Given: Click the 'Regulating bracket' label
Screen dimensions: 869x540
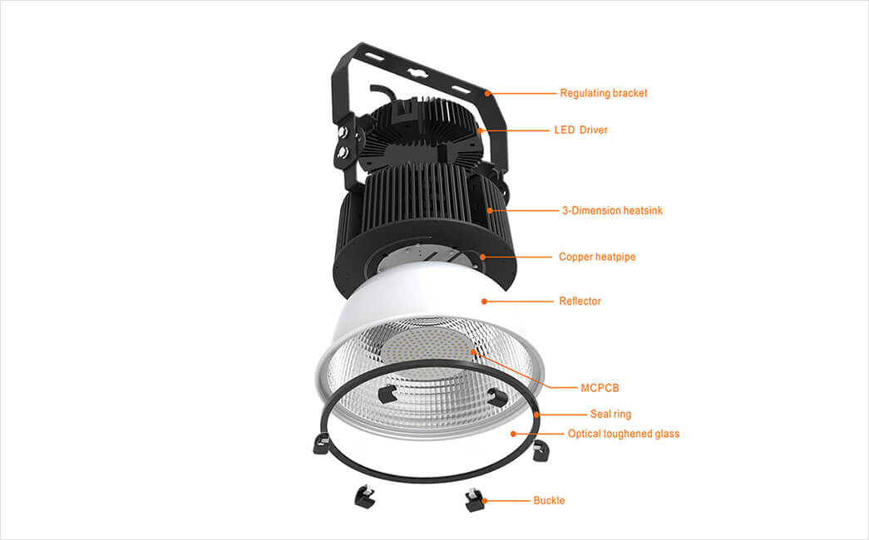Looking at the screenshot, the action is point(604,93).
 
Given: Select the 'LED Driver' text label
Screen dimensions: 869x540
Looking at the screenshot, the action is point(580,130).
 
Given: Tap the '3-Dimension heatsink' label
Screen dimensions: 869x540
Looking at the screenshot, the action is point(612,210).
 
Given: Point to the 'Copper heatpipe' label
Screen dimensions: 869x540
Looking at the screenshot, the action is point(597,257).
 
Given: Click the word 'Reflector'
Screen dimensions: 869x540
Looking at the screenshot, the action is point(580,302).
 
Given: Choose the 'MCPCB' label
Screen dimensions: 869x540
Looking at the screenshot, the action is point(600,388).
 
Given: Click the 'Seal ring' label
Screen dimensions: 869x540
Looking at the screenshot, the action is point(610,415).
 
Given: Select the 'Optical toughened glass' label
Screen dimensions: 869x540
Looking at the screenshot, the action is point(624,434).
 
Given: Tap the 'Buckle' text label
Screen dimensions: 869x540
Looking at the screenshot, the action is point(549,501).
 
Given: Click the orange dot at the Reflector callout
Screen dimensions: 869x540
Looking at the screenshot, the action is point(484,302).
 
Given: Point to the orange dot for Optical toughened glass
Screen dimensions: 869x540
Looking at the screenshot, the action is point(513,434).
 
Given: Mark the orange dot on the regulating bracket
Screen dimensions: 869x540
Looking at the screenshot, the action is point(487,93).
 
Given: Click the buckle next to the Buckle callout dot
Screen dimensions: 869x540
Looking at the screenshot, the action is point(475,499).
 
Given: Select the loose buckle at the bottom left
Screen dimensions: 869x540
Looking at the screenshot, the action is point(365,494).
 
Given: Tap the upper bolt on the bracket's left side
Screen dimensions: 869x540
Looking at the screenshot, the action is point(343,132).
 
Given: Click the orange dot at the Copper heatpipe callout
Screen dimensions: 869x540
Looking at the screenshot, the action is point(482,257).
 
